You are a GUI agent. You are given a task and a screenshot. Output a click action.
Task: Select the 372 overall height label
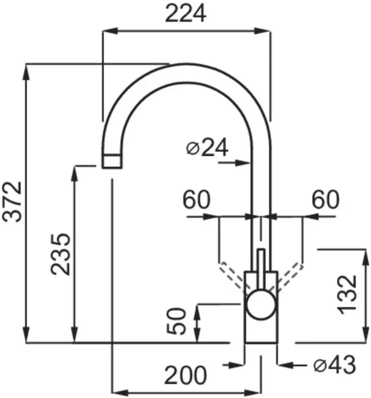pyautogui.click(x=12, y=202)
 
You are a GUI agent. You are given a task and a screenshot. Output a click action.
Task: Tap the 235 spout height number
pyautogui.click(x=60, y=254)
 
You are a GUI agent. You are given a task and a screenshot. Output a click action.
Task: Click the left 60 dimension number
pyautogui.click(x=196, y=199)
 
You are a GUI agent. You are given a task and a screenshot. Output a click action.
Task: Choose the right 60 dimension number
pyautogui.click(x=325, y=199)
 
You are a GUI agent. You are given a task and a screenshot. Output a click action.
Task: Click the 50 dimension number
pyautogui.click(x=176, y=321)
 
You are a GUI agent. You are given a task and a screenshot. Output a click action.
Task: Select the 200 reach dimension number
pyautogui.click(x=185, y=375)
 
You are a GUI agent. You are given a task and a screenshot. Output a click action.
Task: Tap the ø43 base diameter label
pyautogui.click(x=334, y=364)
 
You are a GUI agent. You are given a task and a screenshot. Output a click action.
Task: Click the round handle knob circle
pyautogui.click(x=261, y=304)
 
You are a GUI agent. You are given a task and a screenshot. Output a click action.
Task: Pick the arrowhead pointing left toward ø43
pyautogui.click(x=286, y=365)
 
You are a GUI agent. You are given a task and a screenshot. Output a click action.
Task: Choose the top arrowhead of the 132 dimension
pyautogui.click(x=366, y=258)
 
